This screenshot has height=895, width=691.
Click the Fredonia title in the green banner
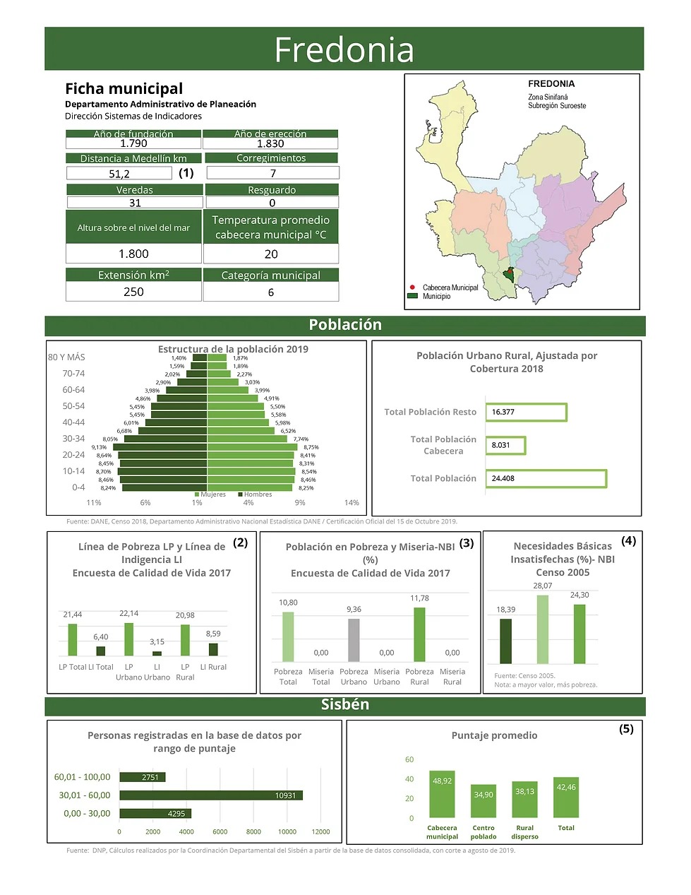(344, 49)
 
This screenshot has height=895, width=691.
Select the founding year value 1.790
(133, 143)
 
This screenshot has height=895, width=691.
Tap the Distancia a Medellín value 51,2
(119, 174)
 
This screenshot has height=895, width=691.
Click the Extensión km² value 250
(133, 292)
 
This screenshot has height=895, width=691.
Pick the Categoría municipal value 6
(271, 292)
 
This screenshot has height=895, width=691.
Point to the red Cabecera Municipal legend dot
(412, 288)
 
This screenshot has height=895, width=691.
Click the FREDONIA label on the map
(551, 84)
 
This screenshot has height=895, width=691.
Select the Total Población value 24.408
(546, 478)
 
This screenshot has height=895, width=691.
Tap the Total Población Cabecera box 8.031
(505, 445)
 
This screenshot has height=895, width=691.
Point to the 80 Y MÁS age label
(66, 357)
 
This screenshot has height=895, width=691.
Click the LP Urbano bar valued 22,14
(129, 639)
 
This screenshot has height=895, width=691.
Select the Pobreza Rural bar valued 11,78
(419, 634)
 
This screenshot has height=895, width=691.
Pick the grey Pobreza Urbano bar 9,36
(354, 640)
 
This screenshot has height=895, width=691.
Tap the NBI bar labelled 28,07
(542, 629)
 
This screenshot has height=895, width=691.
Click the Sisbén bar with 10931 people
(211, 795)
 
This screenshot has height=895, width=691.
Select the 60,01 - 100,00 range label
(82, 777)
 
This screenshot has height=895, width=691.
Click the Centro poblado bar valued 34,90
(483, 800)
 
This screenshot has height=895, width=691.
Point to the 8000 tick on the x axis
(253, 831)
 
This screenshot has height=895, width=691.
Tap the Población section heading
(345, 325)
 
